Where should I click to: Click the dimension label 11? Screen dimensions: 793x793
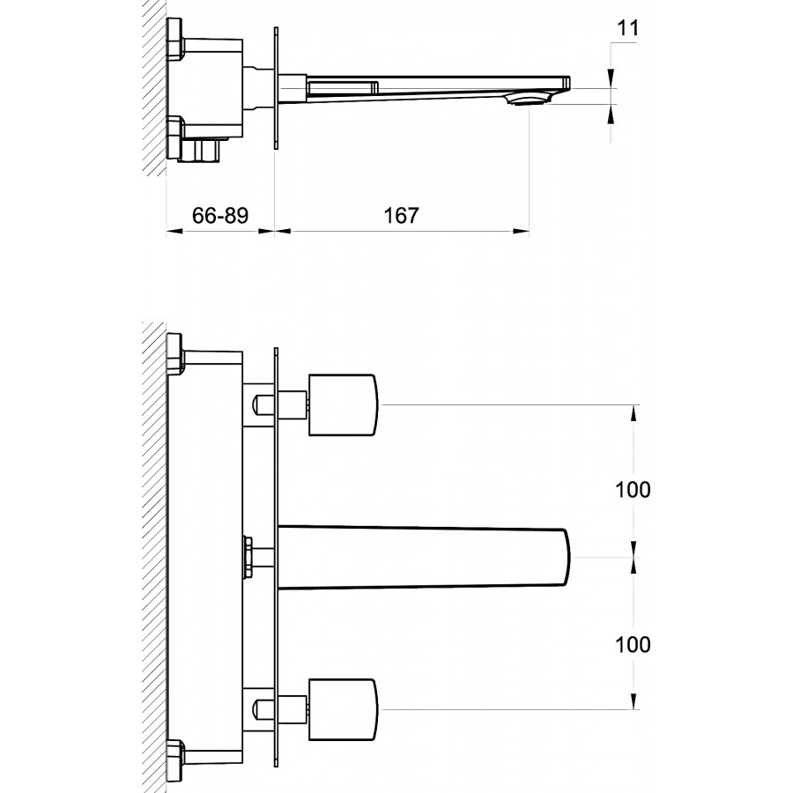click(628, 28)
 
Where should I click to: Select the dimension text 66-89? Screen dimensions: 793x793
click(220, 216)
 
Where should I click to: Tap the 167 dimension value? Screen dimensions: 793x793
click(402, 216)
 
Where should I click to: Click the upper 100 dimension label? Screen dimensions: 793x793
click(633, 490)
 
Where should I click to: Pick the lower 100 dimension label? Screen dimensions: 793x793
click(633, 644)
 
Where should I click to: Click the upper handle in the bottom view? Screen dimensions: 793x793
click(343, 404)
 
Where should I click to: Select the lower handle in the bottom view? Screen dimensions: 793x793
click(343, 709)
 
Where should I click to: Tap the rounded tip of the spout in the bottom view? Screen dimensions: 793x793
click(566, 558)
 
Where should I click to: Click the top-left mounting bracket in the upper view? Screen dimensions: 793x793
click(175, 39)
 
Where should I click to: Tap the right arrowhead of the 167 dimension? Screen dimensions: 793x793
click(522, 231)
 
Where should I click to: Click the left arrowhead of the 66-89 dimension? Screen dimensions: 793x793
click(174, 231)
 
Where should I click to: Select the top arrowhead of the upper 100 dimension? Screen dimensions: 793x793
click(634, 413)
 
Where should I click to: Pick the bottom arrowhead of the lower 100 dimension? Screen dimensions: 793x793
click(634, 700)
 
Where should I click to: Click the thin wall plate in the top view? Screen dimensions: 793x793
click(276, 88)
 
